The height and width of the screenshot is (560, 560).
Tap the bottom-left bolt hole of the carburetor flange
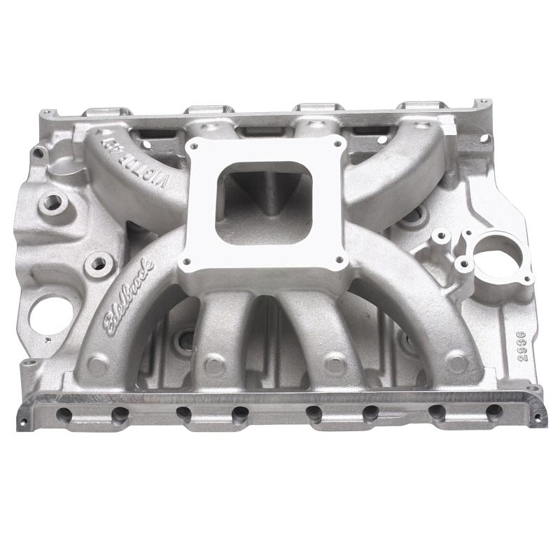pyautogui.click(x=186, y=264)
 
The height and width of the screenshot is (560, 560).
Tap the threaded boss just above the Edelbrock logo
pyautogui.click(x=98, y=264)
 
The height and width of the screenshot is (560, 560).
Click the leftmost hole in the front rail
pyautogui.click(x=64, y=414)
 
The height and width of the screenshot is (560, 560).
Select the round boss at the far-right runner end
pyautogui.click(x=456, y=364)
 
